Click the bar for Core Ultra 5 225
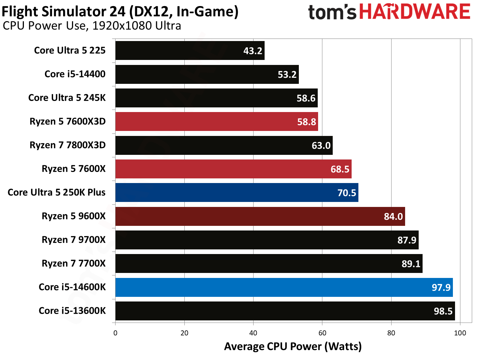click(x=190, y=51)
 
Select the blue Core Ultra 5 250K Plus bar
click(x=236, y=193)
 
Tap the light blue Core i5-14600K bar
click(x=284, y=287)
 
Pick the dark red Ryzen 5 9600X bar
click(x=260, y=216)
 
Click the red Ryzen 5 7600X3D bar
click(x=216, y=122)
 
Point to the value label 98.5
click(x=443, y=311)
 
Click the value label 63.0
click(x=321, y=146)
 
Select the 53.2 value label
click(x=287, y=75)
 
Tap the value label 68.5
click(x=340, y=169)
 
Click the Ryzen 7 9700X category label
click(x=73, y=240)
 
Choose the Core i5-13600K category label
click(x=72, y=311)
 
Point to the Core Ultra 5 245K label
click(x=67, y=98)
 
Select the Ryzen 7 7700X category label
click(x=73, y=263)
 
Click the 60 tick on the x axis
click(x=322, y=333)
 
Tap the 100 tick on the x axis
click(x=460, y=333)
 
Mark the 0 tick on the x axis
click(x=115, y=333)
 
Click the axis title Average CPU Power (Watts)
click(x=293, y=346)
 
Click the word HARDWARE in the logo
click(x=414, y=12)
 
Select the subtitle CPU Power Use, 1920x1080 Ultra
click(x=92, y=26)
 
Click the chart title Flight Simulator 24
click(x=120, y=11)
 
